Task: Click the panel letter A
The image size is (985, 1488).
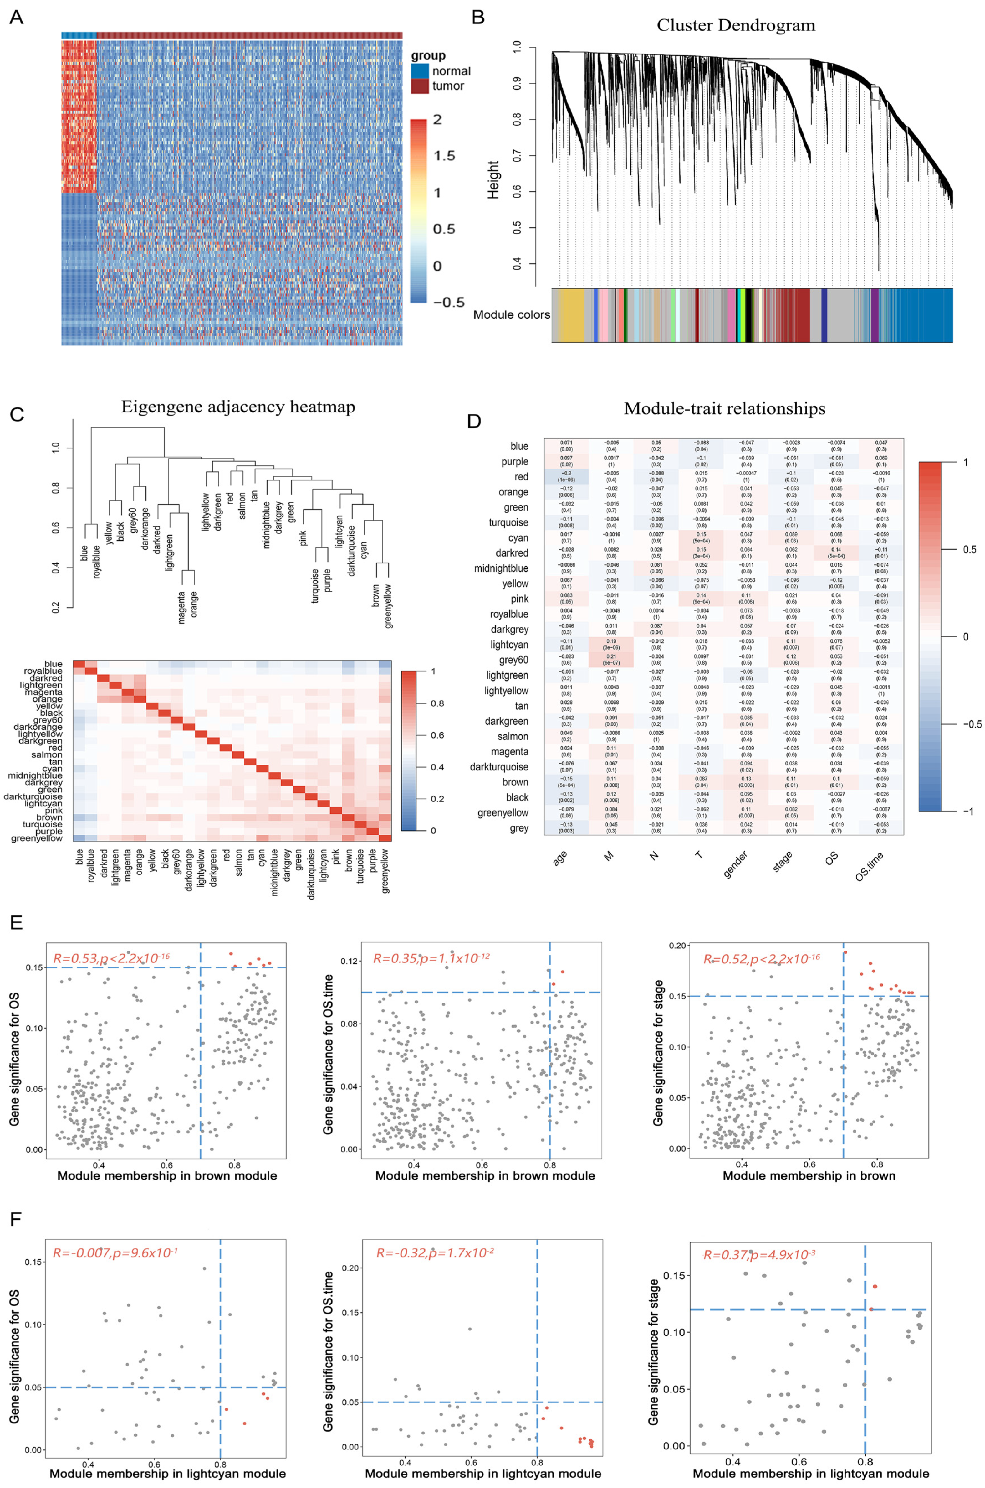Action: [x=16, y=17]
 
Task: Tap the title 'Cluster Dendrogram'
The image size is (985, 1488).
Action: [x=736, y=26]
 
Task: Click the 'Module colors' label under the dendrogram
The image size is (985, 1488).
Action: [x=511, y=314]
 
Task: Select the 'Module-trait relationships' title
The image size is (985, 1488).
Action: [x=724, y=409]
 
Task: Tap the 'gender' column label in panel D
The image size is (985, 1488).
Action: [x=736, y=864]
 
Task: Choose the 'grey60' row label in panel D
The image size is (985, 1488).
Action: [x=513, y=660]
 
